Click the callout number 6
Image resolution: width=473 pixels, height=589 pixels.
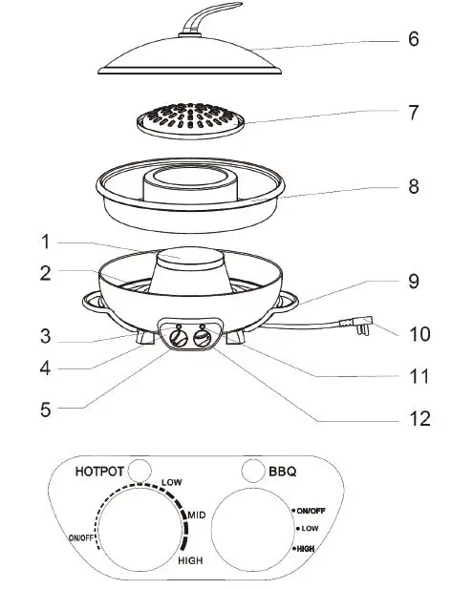click(x=413, y=39)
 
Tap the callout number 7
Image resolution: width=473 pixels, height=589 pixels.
click(x=413, y=113)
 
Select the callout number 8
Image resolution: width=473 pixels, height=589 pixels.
click(x=413, y=187)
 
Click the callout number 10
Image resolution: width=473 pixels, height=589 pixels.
click(x=419, y=334)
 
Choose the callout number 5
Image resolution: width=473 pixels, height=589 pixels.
click(x=46, y=410)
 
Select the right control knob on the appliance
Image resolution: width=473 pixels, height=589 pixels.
click(x=203, y=337)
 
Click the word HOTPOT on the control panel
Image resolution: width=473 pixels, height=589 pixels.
click(x=100, y=472)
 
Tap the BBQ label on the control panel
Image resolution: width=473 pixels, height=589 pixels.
click(x=284, y=471)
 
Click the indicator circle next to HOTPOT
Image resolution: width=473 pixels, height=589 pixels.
click(x=141, y=470)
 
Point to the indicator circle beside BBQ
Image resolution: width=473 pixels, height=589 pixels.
click(x=253, y=470)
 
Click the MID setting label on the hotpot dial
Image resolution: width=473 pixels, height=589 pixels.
click(x=197, y=515)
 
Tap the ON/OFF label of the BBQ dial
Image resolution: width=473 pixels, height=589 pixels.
click(x=312, y=511)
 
